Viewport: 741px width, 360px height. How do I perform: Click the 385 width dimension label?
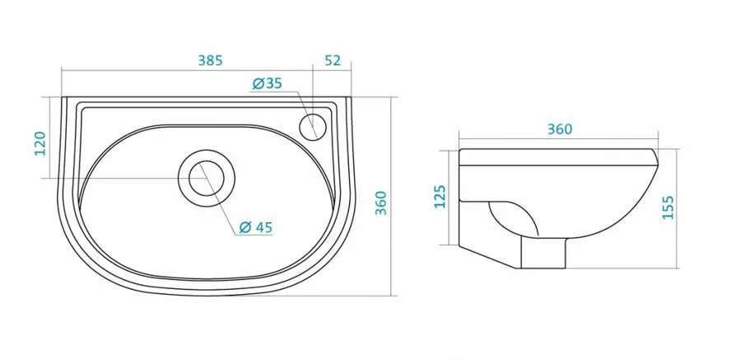(211, 60)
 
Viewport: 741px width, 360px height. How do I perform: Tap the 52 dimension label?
(333, 60)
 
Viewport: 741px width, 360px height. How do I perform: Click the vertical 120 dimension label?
(39, 142)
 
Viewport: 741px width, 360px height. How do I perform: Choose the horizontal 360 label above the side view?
(557, 129)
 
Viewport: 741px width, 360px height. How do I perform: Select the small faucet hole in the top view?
(314, 126)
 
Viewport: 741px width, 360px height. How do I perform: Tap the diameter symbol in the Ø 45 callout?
(245, 228)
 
